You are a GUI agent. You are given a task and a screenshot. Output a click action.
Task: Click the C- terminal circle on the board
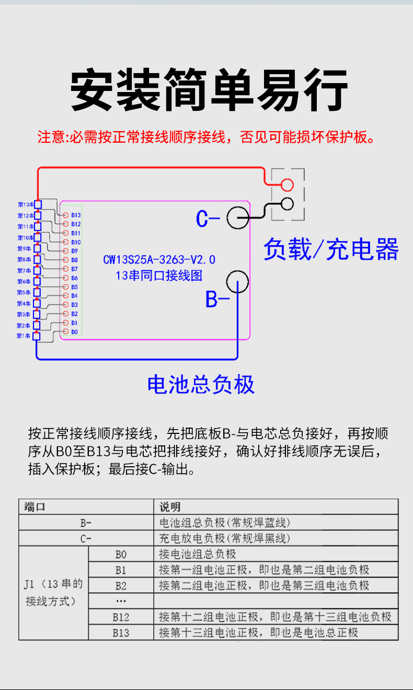pos(238,217)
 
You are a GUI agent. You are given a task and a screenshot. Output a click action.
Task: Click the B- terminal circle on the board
pos(237,282)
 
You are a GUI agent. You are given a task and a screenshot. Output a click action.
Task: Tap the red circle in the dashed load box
pos(286,185)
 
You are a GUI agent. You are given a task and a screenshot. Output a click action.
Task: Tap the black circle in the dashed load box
pos(286,203)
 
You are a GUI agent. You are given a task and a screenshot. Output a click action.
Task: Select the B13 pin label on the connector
pos(76,215)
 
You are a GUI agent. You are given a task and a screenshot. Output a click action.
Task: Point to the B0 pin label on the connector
pos(75,332)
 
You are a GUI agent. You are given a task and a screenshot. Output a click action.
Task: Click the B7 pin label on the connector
pos(75,269)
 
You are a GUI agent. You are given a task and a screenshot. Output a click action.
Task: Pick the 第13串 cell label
pos(25,204)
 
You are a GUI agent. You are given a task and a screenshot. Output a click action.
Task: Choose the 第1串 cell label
pos(24,336)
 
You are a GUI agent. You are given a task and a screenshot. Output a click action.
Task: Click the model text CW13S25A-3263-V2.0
pos(159,260)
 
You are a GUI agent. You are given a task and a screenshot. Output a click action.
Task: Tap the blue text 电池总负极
pos(201,385)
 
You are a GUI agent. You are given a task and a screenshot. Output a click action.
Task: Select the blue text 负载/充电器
pos(330,250)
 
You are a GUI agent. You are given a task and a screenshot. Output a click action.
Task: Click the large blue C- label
pos(208,218)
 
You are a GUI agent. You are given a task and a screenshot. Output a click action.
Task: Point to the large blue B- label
pos(217,300)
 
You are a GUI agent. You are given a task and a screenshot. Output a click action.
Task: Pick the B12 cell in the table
pos(121,617)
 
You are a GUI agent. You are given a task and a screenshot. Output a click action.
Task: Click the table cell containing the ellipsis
pos(121,601)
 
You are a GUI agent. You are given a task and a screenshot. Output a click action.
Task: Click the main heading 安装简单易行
pos(209,89)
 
